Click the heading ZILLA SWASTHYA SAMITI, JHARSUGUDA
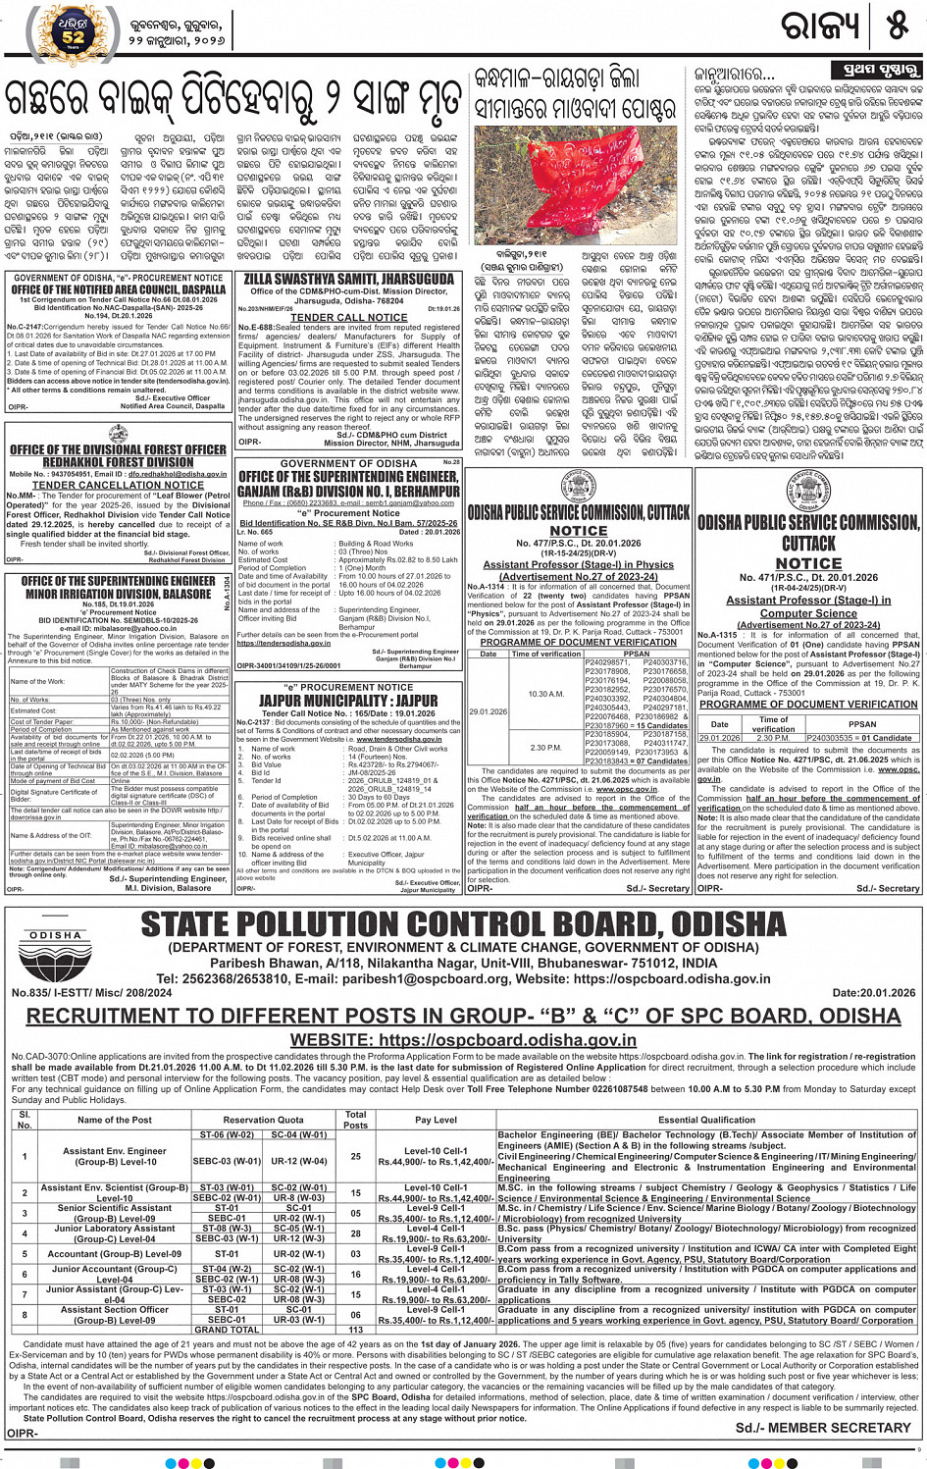pyautogui.click(x=349, y=280)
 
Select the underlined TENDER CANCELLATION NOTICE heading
pyautogui.click(x=118, y=485)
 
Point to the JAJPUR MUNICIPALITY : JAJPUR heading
pyautogui.click(x=348, y=701)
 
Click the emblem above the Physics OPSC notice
pyautogui.click(x=578, y=488)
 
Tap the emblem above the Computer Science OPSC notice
pyautogui.click(x=808, y=492)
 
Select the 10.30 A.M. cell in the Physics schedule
pyautogui.click(x=545, y=694)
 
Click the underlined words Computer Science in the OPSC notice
pyautogui.click(x=808, y=613)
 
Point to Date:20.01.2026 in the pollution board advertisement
pyautogui.click(x=873, y=993)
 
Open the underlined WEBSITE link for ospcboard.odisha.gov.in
pyautogui.click(x=463, y=1040)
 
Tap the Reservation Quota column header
pyautogui.click(x=263, y=1119)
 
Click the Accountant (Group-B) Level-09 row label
pyautogui.click(x=115, y=1253)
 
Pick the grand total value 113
pyautogui.click(x=356, y=1330)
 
